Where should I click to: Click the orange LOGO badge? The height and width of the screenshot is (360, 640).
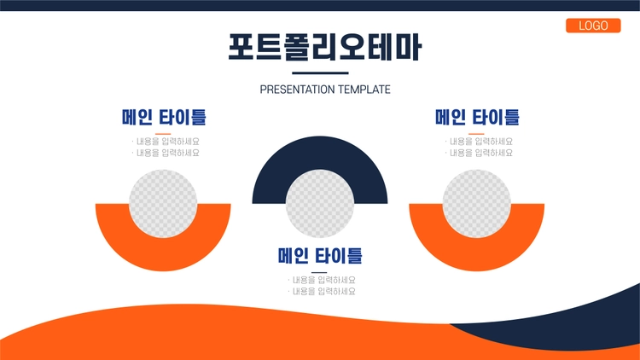point(593,26)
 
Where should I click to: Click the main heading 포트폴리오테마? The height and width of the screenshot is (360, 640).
point(324,47)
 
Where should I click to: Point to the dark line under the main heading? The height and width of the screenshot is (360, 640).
point(320,73)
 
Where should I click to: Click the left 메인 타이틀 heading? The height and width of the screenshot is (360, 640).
point(164,117)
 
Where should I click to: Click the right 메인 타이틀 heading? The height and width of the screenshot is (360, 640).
point(477,117)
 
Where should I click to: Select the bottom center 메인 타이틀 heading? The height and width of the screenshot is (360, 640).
point(320,256)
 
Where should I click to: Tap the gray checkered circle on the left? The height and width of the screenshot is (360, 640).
point(163,204)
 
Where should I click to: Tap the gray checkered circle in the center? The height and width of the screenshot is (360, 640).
point(320,204)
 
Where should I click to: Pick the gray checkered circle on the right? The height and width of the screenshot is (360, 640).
point(477,204)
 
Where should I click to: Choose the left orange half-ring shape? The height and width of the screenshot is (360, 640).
point(163,255)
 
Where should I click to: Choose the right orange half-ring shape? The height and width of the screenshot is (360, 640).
point(477,255)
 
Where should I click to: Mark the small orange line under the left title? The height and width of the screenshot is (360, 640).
point(163,133)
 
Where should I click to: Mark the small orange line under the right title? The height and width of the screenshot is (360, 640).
point(476,133)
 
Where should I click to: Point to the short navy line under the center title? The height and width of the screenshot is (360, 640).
point(319,272)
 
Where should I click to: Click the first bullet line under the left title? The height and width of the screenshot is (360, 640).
point(166,142)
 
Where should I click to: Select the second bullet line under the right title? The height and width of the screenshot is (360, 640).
point(480,153)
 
